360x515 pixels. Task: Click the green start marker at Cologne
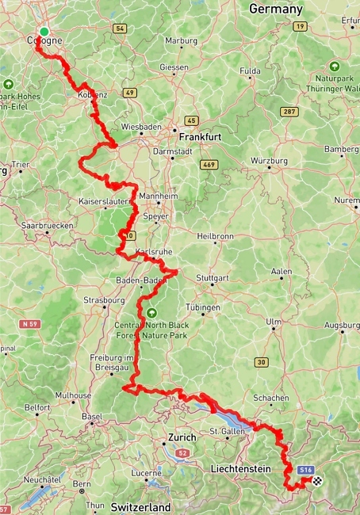(x=44, y=32)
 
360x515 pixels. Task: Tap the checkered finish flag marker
(x=318, y=481)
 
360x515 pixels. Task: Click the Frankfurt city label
(x=201, y=137)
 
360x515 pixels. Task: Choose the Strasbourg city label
(x=104, y=300)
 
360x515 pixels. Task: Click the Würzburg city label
(x=269, y=161)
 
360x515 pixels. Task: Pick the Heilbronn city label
(x=214, y=236)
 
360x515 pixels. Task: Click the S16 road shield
(x=305, y=470)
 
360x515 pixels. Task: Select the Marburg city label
(x=181, y=42)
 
